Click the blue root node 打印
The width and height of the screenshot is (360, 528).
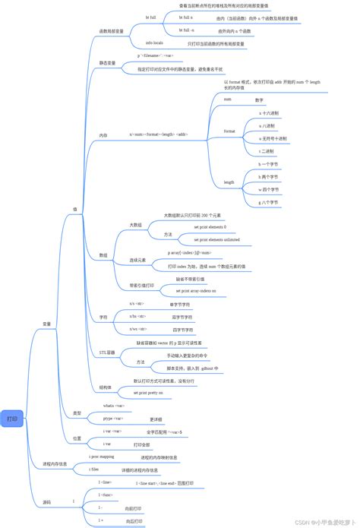pyautogui.click(x=13, y=419)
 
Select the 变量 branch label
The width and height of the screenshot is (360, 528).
pyautogui.click(x=46, y=324)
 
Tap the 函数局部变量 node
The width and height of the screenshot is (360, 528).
pyautogui.click(x=112, y=32)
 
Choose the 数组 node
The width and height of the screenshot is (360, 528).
pyautogui.click(x=103, y=255)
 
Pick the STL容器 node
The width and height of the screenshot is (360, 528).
pyautogui.click(x=107, y=353)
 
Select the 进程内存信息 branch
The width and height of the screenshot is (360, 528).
pyautogui.click(x=55, y=463)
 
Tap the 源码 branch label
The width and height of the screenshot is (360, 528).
pyautogui.click(x=47, y=501)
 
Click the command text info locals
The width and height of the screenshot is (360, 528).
pyautogui.click(x=155, y=44)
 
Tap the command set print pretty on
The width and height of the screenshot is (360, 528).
pyautogui.click(x=149, y=393)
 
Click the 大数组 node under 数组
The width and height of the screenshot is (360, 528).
pyautogui.click(x=135, y=225)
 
